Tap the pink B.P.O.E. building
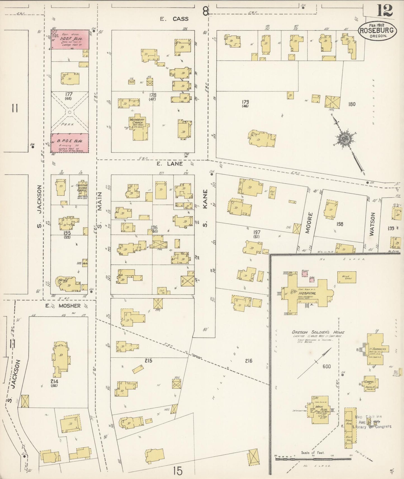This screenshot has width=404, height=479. coord(70,143)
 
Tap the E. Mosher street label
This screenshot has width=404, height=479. coord(63,306)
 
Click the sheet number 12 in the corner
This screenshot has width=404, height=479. coord(385,11)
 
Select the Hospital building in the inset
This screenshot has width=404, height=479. coord(307,293)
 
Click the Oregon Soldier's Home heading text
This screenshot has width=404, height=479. coord(318,332)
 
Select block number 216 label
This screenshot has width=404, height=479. coord(248,361)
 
